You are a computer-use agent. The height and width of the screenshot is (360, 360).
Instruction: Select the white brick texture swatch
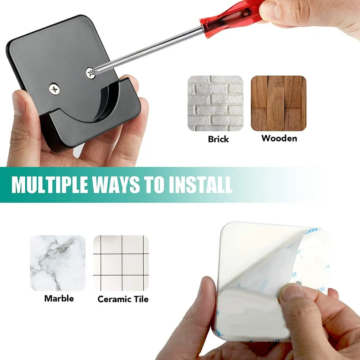tap(215, 103)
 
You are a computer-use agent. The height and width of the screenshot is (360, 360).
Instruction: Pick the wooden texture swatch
tap(278, 103)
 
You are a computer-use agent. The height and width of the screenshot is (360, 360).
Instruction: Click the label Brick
tap(218, 139)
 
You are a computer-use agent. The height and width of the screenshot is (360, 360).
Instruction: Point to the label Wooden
tap(279, 138)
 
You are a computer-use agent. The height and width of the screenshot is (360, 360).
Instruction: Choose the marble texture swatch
tap(58, 263)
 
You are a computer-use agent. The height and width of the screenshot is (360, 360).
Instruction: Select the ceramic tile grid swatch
tap(121, 263)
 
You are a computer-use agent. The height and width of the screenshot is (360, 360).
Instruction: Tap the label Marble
tap(59, 298)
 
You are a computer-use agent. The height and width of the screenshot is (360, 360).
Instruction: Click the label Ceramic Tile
tap(123, 299)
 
